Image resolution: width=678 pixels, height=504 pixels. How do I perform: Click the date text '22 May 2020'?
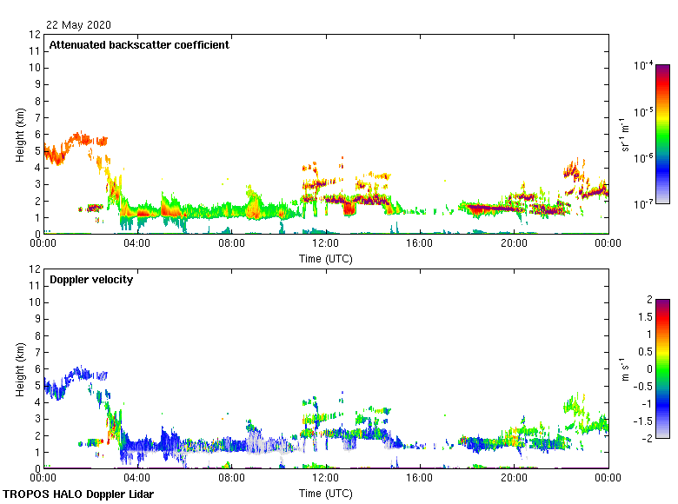pyautogui.click(x=78, y=25)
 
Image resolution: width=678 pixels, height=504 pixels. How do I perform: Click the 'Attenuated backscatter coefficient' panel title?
pyautogui.click(x=139, y=45)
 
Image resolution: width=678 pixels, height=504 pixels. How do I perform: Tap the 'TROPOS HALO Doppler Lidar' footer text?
pyautogui.click(x=78, y=494)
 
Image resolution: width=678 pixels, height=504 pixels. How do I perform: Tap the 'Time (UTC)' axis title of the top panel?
pyautogui.click(x=325, y=258)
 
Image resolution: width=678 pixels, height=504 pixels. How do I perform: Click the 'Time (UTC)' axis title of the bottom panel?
pyautogui.click(x=325, y=493)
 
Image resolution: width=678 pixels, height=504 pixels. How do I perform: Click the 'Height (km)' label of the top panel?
pyautogui.click(x=20, y=134)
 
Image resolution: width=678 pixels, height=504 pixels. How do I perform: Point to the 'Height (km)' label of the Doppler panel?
pyautogui.click(x=20, y=368)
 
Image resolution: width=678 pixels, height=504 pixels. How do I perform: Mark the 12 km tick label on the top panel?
pyautogui.click(x=36, y=35)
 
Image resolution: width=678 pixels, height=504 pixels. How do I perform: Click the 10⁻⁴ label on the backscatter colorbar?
pyautogui.click(x=643, y=66)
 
